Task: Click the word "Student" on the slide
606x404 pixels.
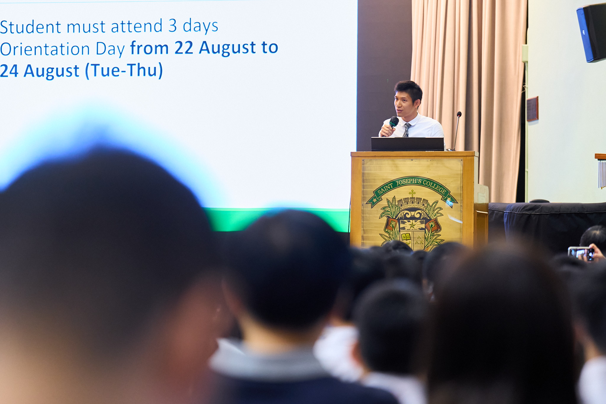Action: tap(30, 27)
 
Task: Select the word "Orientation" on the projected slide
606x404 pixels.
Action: tap(45, 49)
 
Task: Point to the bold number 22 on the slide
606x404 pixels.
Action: tap(184, 48)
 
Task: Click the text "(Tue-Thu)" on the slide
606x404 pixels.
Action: tap(124, 71)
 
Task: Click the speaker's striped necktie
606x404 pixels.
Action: tap(407, 130)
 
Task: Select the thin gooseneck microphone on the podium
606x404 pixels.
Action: tap(457, 130)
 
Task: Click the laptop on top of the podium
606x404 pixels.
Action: tap(407, 144)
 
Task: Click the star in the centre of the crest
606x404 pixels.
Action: tap(412, 225)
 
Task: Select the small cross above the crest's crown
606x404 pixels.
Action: tap(412, 193)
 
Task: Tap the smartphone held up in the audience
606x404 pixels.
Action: tap(581, 253)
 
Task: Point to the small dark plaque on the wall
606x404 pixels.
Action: tap(532, 109)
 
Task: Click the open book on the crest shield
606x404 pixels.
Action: tap(406, 237)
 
